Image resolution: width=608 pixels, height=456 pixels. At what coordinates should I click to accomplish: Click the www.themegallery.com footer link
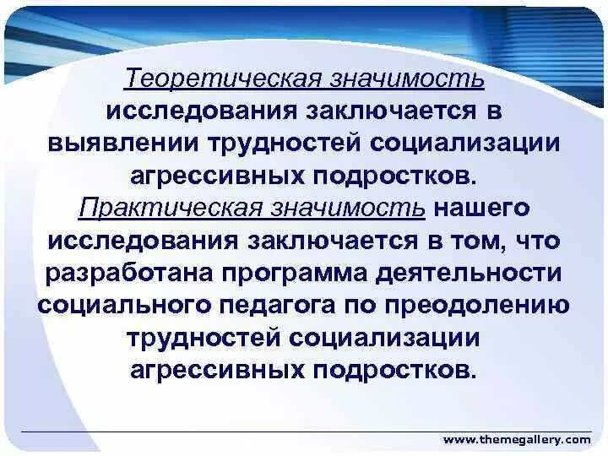[x=517, y=440]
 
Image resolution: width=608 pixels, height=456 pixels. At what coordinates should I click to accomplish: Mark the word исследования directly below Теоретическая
[x=199, y=111]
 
